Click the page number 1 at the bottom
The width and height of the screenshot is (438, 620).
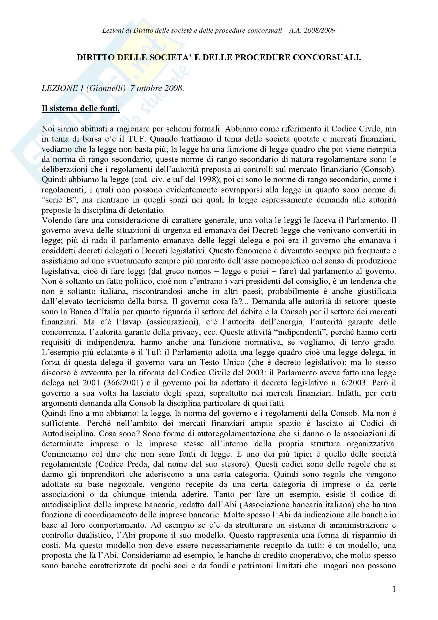click(394, 589)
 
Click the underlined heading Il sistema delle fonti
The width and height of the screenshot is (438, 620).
click(81, 109)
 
